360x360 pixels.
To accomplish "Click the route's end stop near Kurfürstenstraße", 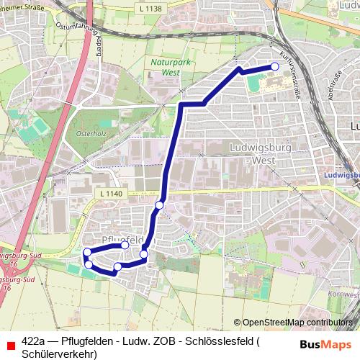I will (x=274, y=67).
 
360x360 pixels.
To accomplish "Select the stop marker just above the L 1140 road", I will (x=159, y=205).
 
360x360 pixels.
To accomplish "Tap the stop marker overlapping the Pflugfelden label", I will (x=125, y=245).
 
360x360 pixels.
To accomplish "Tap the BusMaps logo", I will (x=325, y=343).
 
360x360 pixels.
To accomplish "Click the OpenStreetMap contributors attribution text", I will (x=299, y=323).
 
